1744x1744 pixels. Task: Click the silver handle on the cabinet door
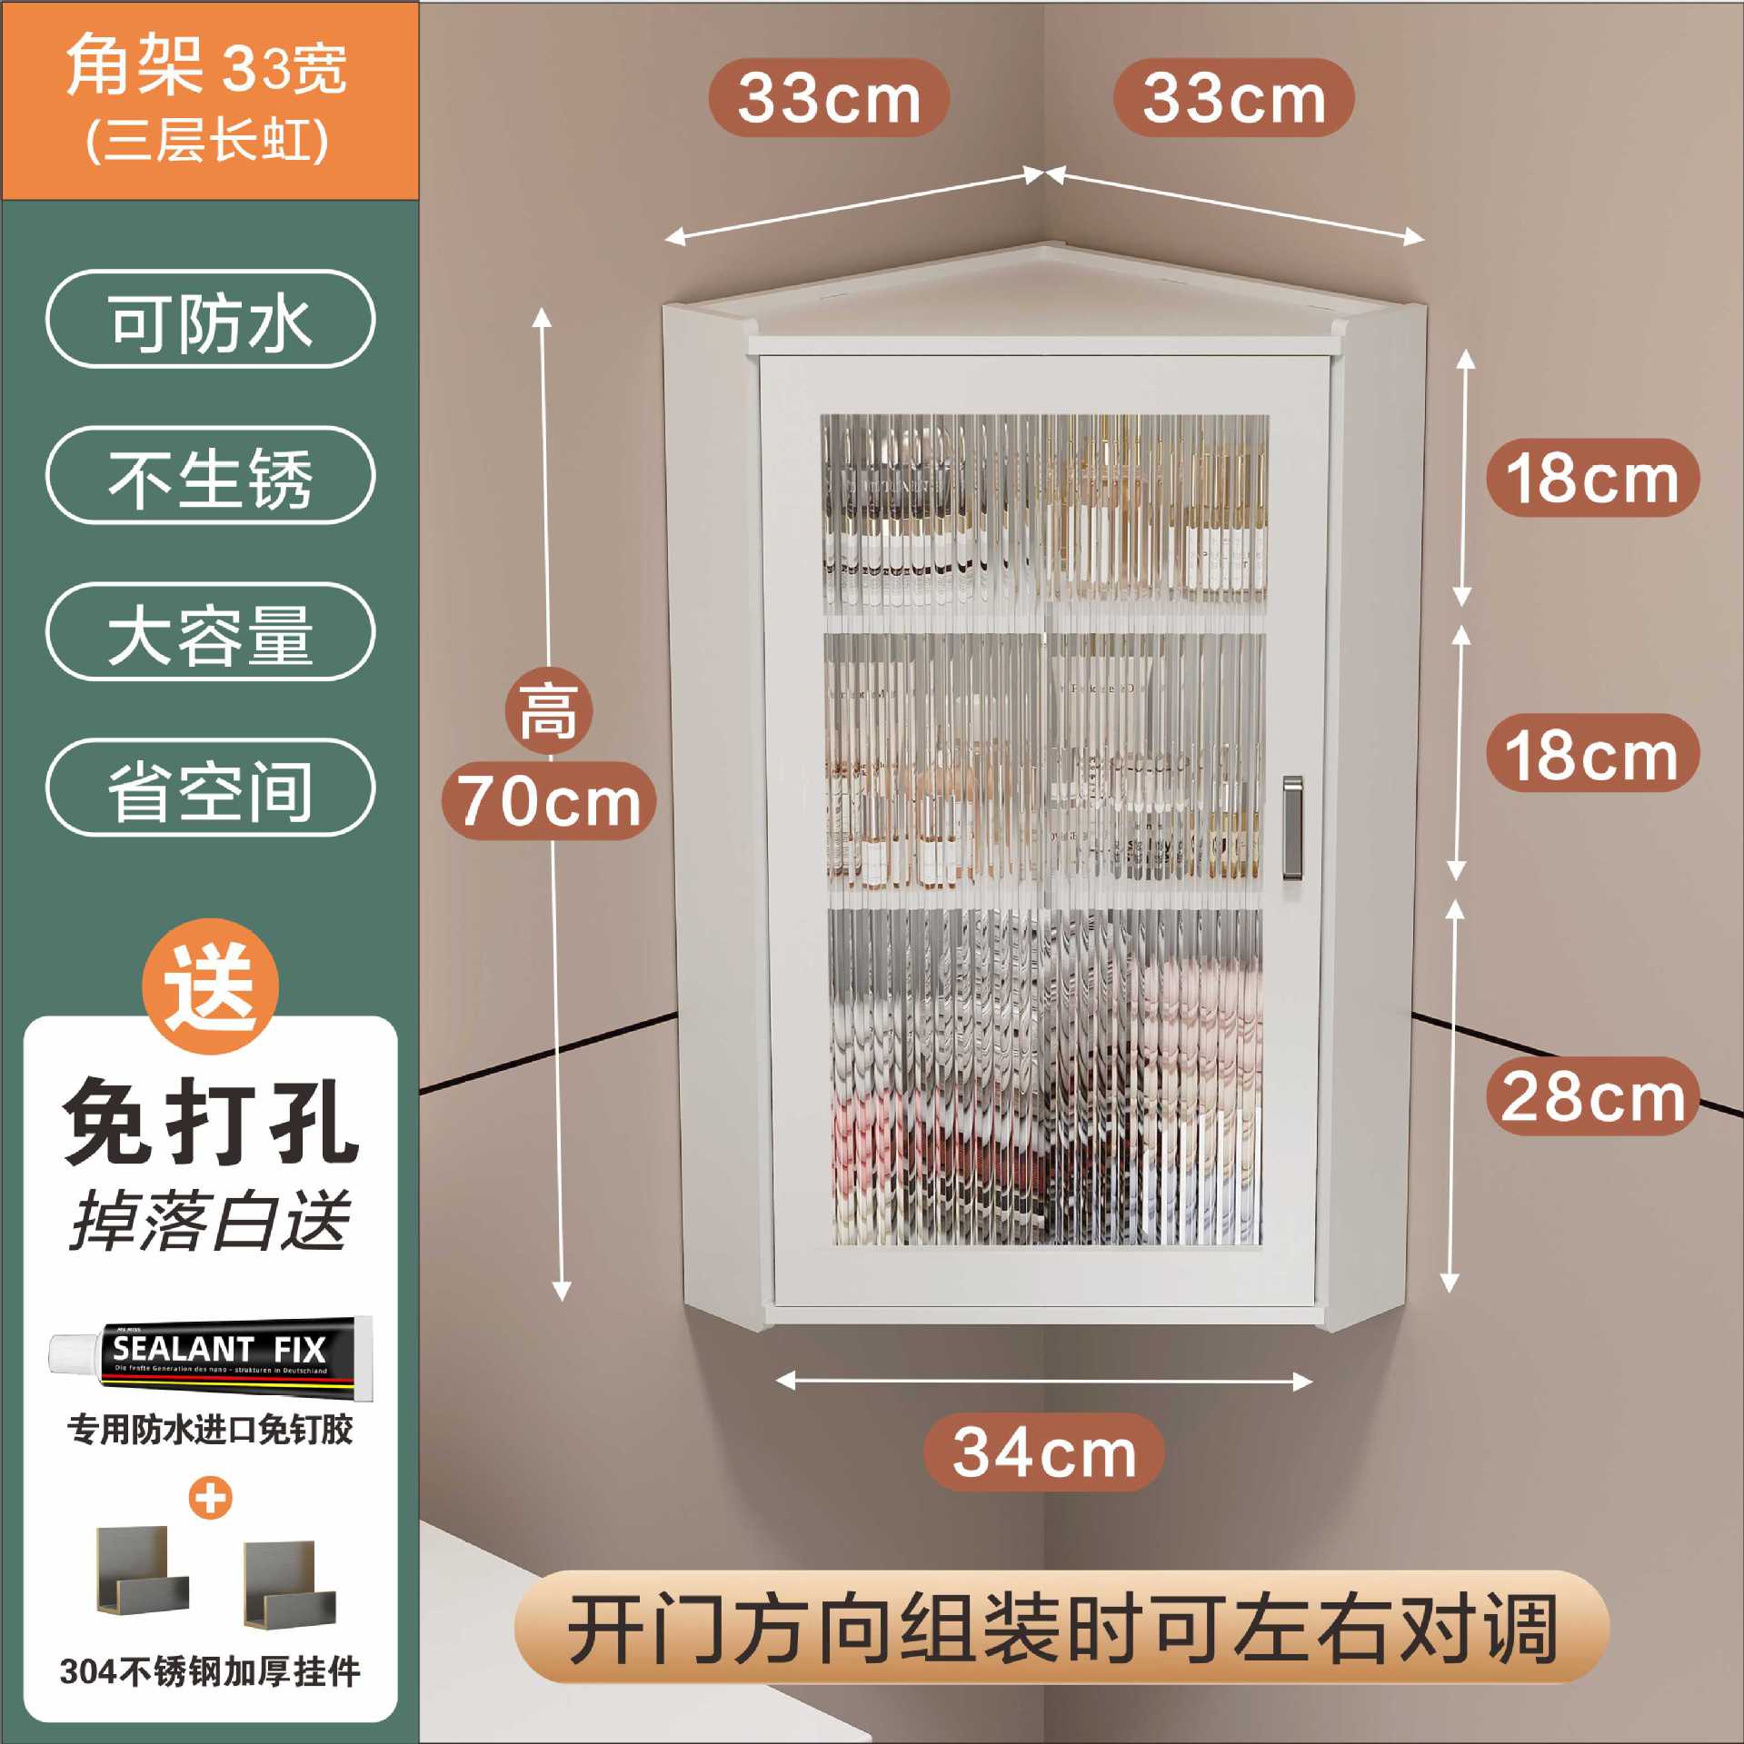coord(1291,827)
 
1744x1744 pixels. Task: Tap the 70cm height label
coord(549,800)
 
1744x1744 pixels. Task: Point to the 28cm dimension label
coord(1592,1096)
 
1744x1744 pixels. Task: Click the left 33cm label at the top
coord(829,98)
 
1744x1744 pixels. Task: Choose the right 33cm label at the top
coord(1233,98)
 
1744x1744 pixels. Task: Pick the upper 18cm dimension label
coord(1592,478)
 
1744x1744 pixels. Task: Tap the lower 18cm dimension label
coord(1592,753)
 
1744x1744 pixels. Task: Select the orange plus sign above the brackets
coord(211,1498)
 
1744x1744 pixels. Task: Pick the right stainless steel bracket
coord(290,1585)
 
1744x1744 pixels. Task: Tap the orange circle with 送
coord(211,986)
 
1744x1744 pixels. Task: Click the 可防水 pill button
coord(210,320)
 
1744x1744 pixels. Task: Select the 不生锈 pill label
coord(210,476)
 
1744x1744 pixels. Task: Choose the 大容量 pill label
coord(210,632)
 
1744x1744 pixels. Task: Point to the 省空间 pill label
coord(210,788)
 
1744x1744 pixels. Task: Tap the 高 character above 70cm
coord(548,711)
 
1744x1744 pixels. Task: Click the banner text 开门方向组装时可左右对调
coord(1061,1627)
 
